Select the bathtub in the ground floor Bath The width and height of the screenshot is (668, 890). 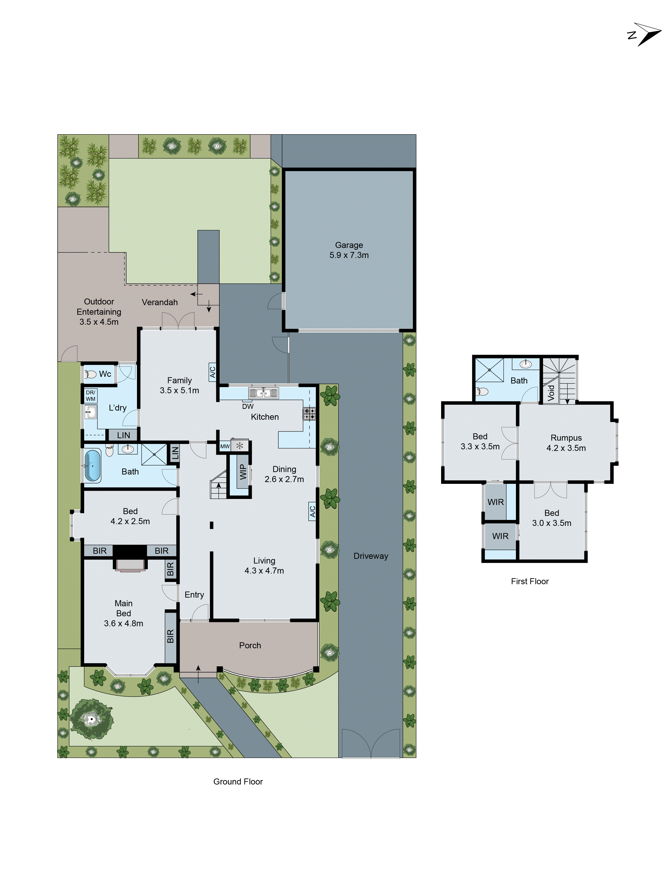click(92, 466)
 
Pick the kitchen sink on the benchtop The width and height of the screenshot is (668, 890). click(263, 393)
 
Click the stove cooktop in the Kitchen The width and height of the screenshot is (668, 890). click(309, 413)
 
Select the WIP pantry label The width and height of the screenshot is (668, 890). click(243, 472)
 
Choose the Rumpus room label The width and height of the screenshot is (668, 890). click(566, 438)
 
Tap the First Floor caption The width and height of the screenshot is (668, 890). click(530, 581)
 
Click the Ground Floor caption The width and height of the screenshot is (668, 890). click(238, 781)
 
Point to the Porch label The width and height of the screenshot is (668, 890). click(250, 645)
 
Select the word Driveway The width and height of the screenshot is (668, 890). click(371, 556)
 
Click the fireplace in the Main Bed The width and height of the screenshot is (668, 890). click(130, 564)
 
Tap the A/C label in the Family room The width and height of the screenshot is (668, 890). click(212, 372)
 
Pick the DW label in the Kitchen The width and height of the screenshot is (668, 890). click(248, 406)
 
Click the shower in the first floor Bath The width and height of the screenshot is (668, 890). click(489, 370)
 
